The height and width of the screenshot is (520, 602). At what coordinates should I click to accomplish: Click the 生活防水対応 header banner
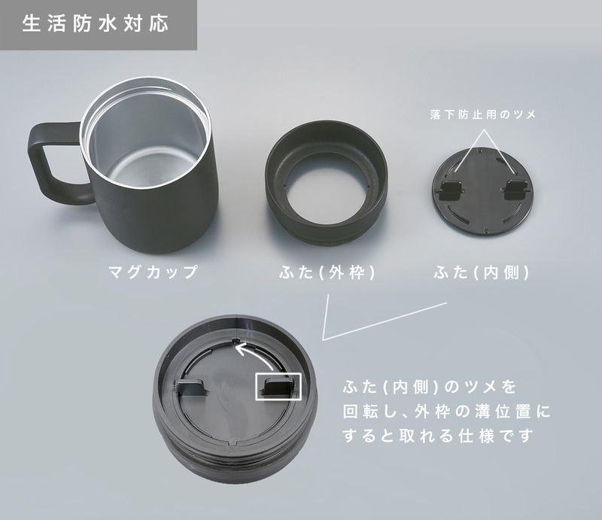[98, 24]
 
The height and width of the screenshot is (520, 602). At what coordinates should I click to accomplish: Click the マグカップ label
[153, 272]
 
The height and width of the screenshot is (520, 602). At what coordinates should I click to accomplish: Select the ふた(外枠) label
[326, 272]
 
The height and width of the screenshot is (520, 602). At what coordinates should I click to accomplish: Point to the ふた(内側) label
[482, 272]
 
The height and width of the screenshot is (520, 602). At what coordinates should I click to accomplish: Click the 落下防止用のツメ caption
[482, 115]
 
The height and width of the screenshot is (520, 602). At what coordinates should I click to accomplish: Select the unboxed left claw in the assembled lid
[192, 388]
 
